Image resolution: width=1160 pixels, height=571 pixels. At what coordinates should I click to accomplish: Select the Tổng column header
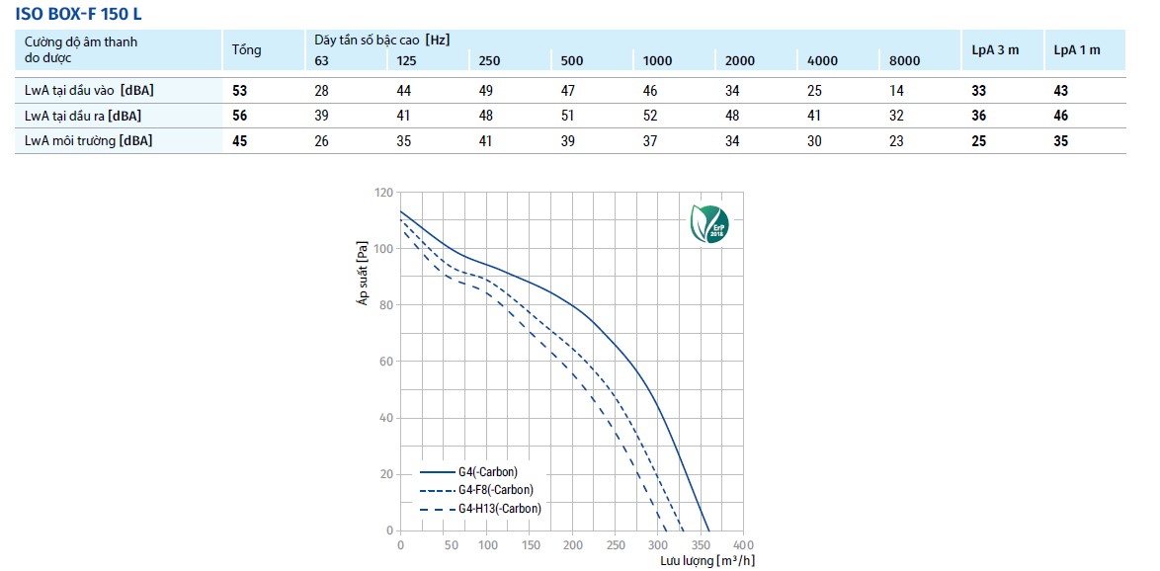point(246,49)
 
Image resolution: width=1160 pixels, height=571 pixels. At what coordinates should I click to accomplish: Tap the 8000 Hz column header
point(904,60)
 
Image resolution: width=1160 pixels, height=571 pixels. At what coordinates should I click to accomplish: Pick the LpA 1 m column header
point(1077,49)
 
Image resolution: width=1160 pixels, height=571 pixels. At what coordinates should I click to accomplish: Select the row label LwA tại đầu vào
point(89,91)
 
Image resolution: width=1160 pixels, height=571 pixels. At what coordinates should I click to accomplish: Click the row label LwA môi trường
point(89,140)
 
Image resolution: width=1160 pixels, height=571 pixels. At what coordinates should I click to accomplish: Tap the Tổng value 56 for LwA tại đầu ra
point(240,116)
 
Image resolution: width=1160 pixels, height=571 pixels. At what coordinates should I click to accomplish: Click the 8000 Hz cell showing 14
point(895,91)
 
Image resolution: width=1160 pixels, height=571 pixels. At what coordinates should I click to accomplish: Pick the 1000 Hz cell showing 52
point(650,116)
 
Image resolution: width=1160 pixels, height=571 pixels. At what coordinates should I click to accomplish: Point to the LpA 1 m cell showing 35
point(1061,140)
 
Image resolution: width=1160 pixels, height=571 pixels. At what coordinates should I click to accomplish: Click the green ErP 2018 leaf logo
point(710,224)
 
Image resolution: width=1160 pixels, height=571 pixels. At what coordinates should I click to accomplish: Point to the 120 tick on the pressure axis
point(382,192)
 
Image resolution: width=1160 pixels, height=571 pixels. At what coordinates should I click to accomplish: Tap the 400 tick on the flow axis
point(744,545)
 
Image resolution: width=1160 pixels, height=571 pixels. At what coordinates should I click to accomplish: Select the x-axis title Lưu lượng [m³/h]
point(708,561)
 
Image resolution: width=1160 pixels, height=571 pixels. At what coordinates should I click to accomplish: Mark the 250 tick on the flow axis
point(615,545)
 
